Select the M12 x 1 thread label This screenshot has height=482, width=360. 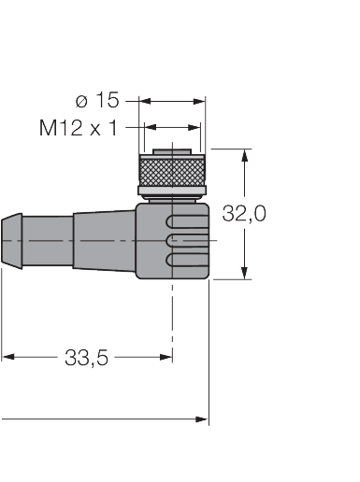tap(79, 128)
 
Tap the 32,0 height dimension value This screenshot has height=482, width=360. tap(244, 214)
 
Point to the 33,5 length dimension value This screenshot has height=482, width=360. tap(86, 357)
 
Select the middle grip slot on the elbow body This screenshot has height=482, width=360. tap(185, 240)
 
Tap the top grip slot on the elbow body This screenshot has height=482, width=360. tap(185, 222)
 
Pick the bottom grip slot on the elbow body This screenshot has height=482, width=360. tap(185, 258)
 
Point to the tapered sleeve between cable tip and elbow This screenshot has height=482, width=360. tap(103, 240)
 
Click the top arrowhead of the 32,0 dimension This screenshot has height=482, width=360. tap(246, 155)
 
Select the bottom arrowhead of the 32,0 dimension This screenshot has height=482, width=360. tap(246, 272)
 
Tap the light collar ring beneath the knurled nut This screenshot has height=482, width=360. tap(172, 193)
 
